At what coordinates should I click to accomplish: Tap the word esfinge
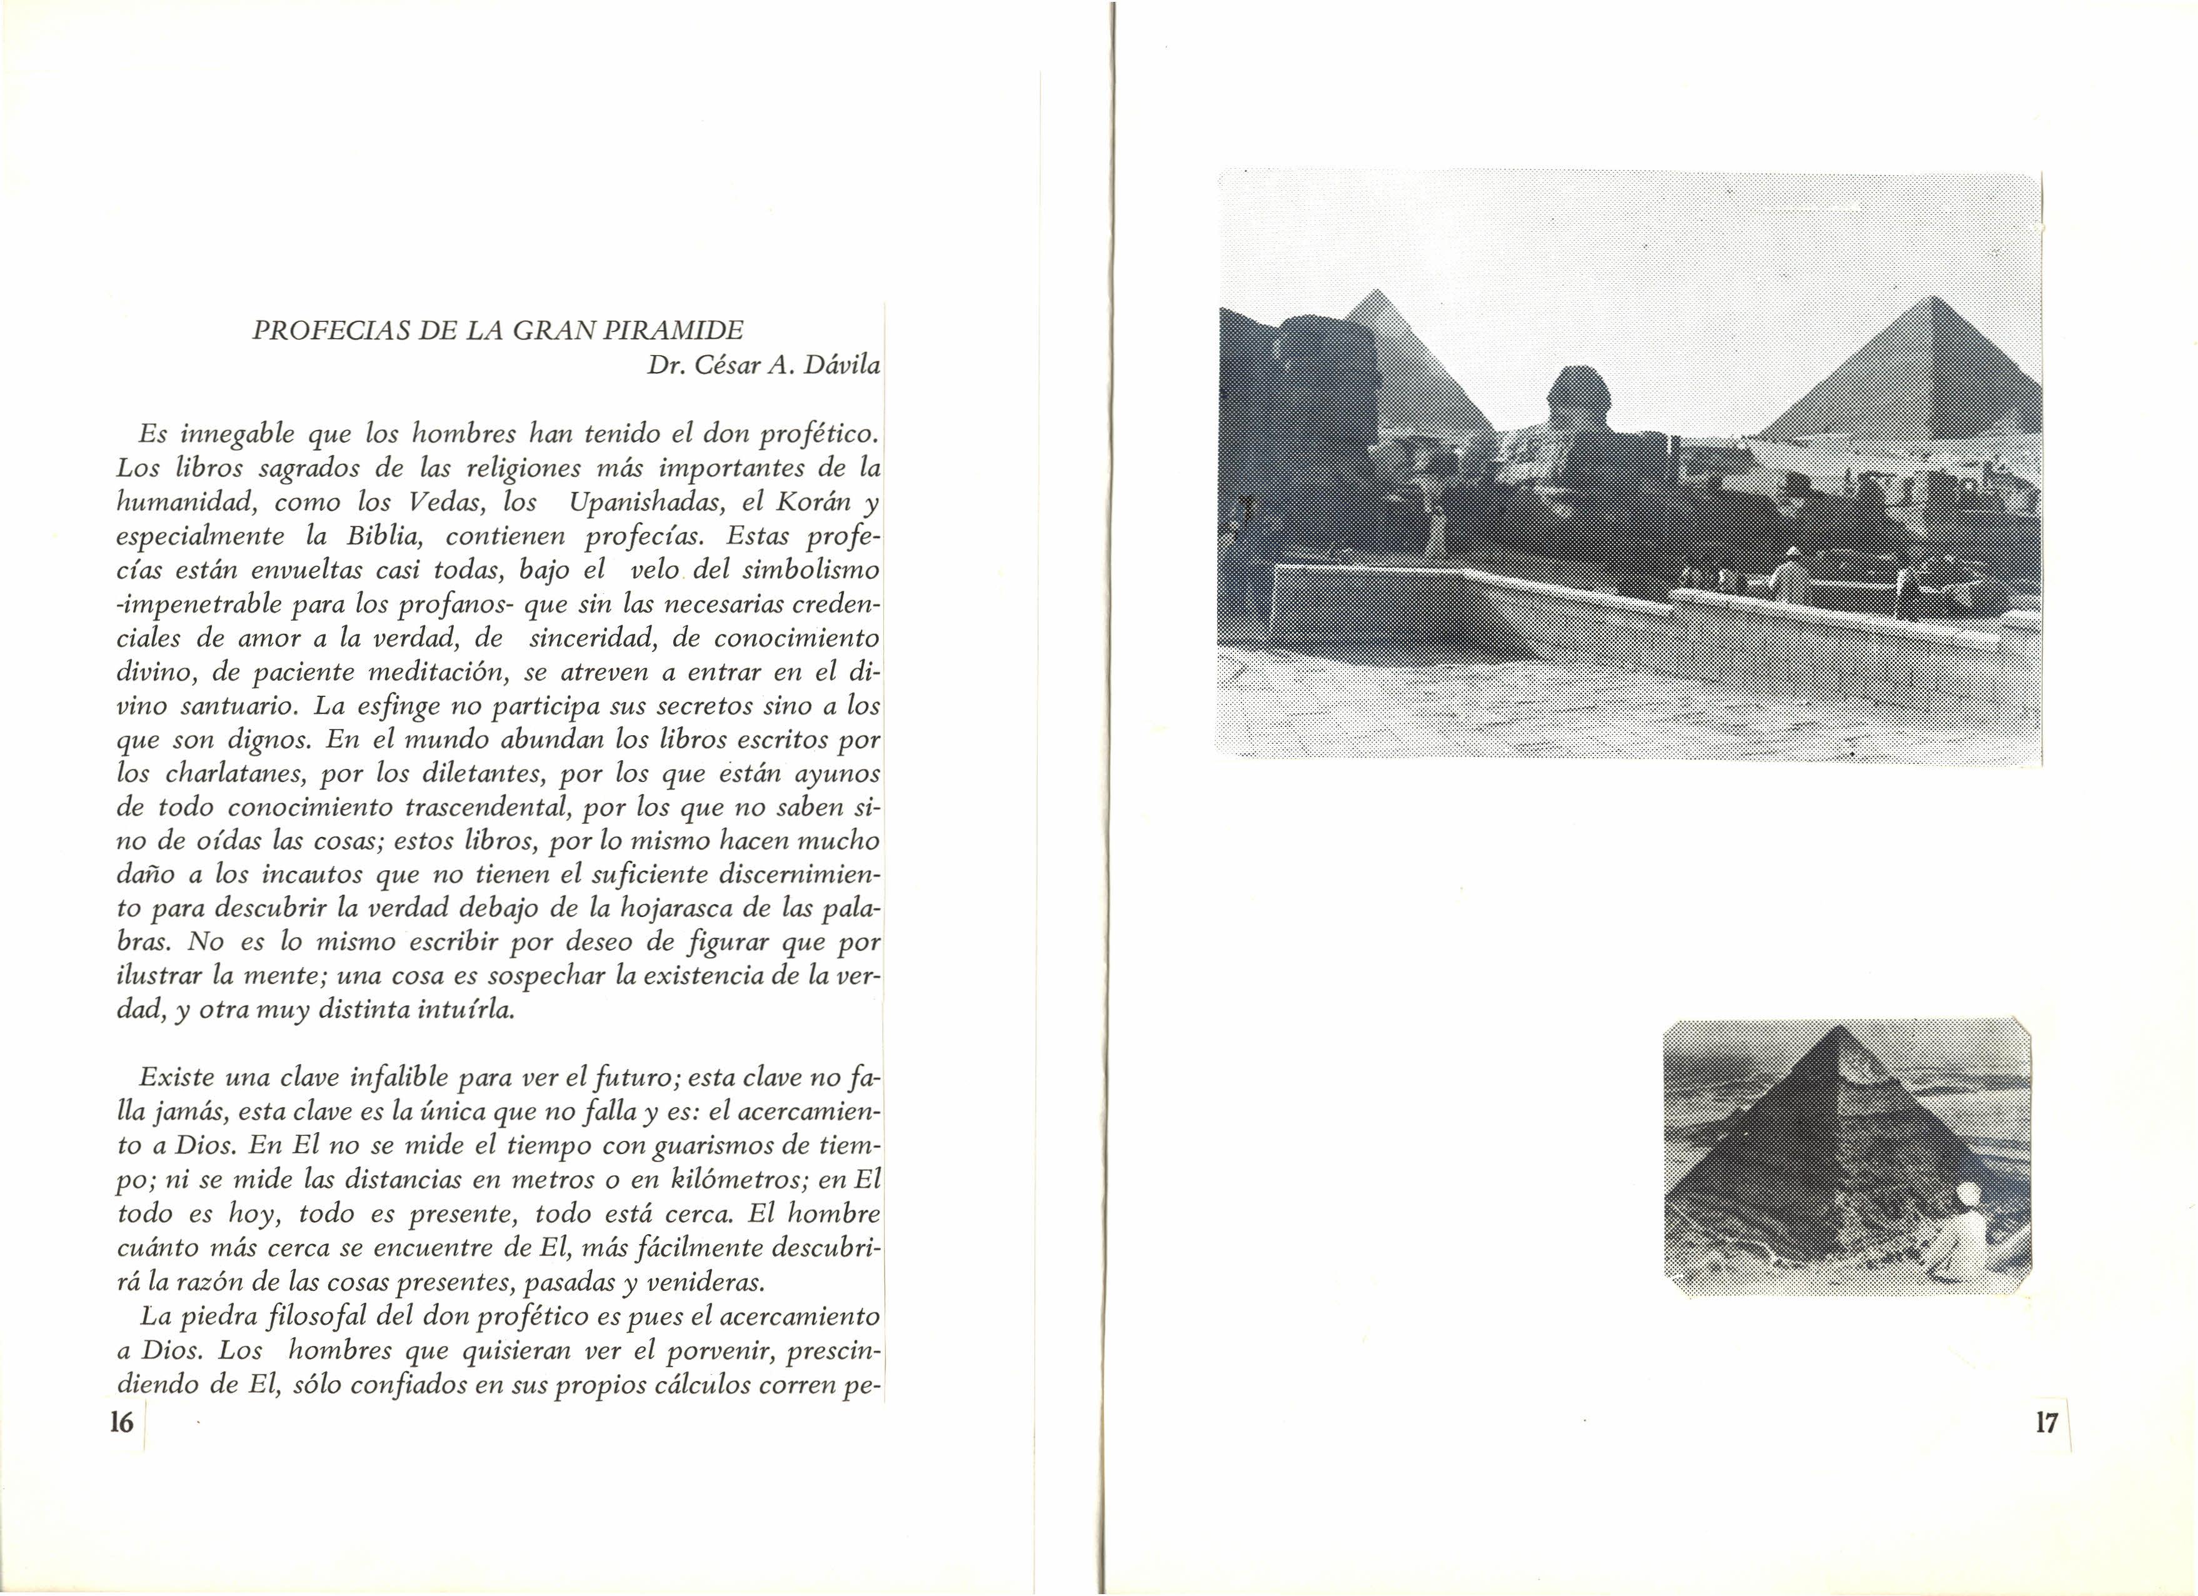coord(398,706)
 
